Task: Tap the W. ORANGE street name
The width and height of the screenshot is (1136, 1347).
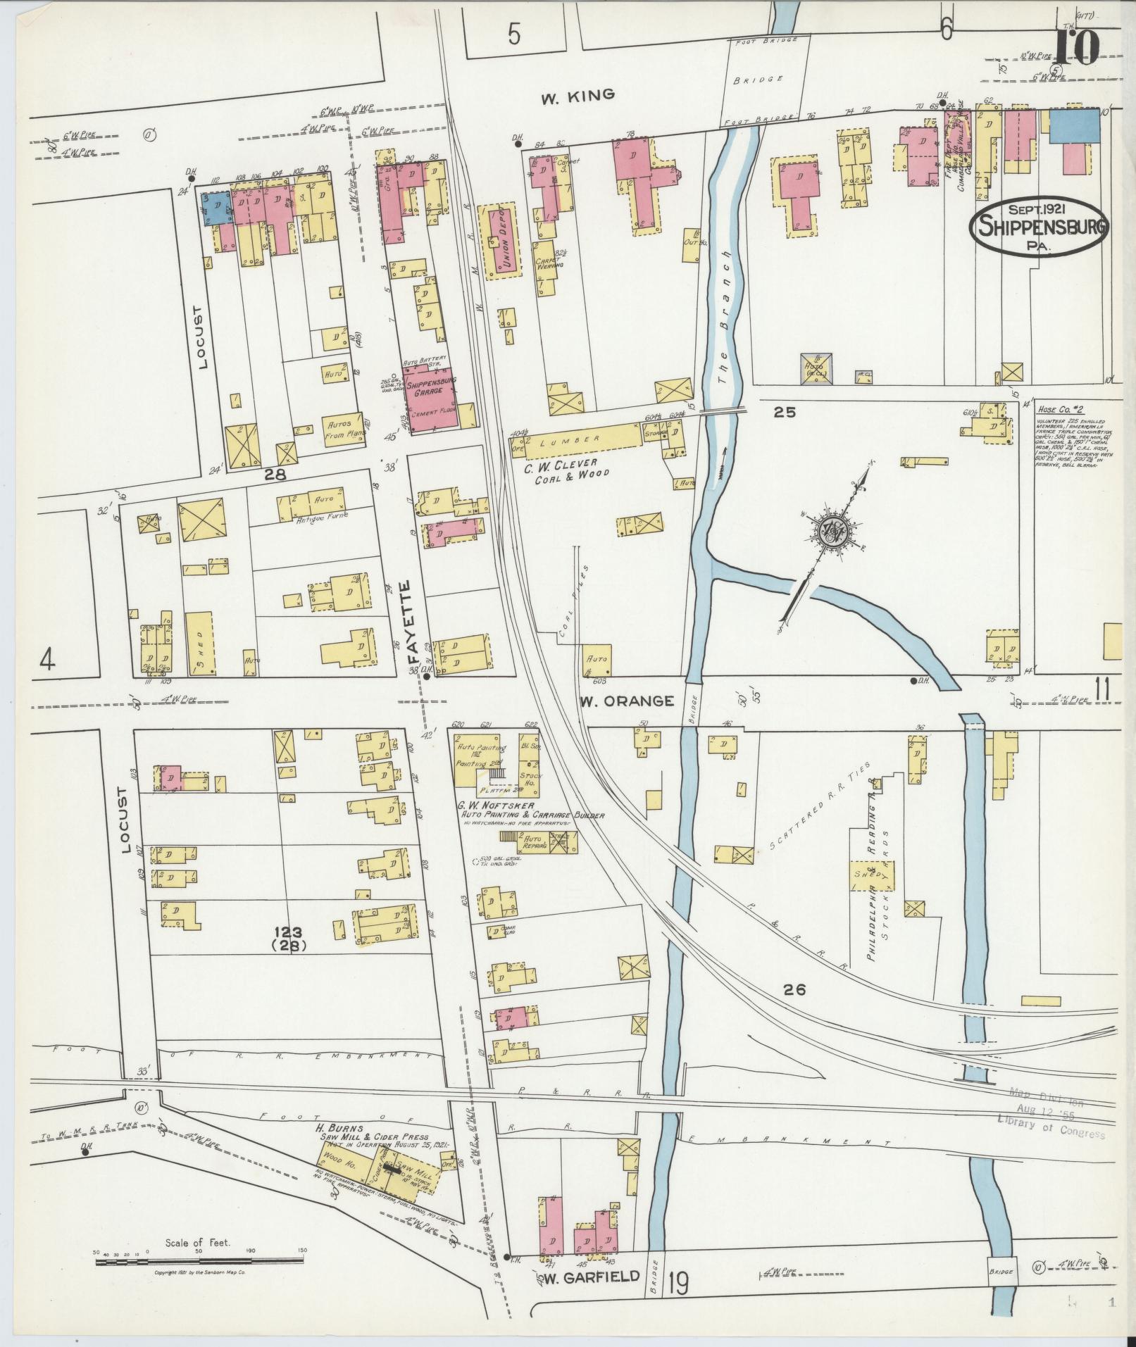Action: click(x=626, y=701)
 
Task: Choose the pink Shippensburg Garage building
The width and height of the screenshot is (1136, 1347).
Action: click(x=430, y=394)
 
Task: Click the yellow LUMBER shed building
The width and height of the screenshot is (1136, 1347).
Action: click(x=578, y=439)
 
